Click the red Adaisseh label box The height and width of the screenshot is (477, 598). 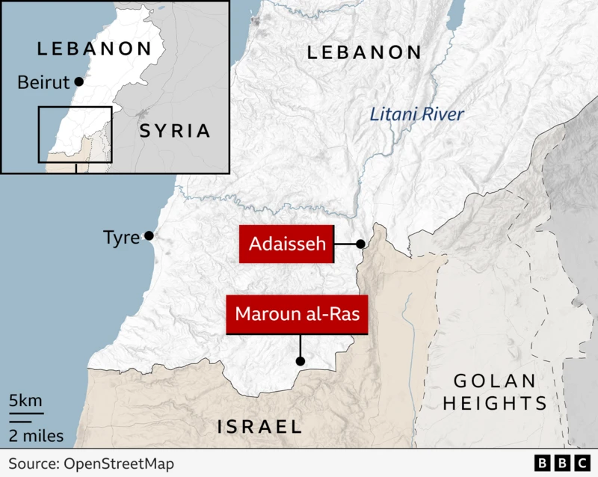[x=286, y=244]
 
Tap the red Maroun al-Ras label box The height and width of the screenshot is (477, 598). [x=298, y=315]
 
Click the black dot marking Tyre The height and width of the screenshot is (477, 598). [x=149, y=236]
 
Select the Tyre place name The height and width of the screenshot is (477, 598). [x=121, y=238]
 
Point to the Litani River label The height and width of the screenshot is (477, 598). [x=416, y=115]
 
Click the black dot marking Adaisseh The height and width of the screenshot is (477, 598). [x=360, y=244]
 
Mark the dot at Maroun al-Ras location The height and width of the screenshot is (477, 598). [x=300, y=361]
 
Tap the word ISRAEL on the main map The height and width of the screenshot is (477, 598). [x=259, y=427]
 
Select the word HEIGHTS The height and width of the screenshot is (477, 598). [x=494, y=404]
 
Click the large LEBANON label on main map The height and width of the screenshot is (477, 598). [x=364, y=52]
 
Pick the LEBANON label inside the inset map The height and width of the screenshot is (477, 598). [x=95, y=49]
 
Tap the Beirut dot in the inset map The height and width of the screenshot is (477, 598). [x=79, y=81]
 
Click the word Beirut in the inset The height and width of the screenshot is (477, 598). [x=43, y=81]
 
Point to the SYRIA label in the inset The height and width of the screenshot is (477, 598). [x=174, y=131]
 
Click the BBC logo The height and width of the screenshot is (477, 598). [x=561, y=464]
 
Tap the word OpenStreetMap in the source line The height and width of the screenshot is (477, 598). [x=118, y=464]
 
